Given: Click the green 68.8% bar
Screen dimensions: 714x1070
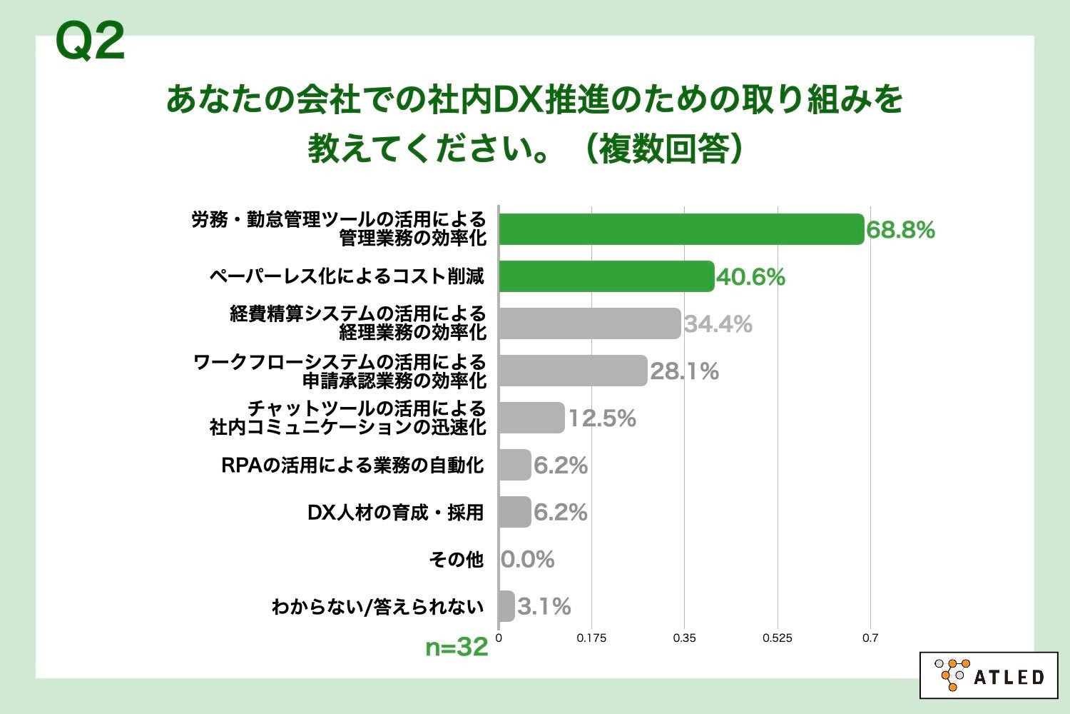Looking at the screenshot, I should pyautogui.click(x=681, y=229).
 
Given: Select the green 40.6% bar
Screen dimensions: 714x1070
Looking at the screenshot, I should pyautogui.click(x=606, y=276).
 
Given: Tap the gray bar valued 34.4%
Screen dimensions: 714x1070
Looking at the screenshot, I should pyautogui.click(x=589, y=323).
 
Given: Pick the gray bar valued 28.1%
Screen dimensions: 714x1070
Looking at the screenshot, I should pyautogui.click(x=573, y=371).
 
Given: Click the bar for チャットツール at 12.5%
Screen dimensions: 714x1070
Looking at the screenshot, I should pyautogui.click(x=531, y=418).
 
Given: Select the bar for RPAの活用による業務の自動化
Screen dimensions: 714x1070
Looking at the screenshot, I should pyautogui.click(x=515, y=465).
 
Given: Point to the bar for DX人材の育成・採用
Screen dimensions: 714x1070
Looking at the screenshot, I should pyautogui.click(x=515, y=512).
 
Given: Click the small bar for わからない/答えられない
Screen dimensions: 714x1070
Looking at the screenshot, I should pyautogui.click(x=506, y=606).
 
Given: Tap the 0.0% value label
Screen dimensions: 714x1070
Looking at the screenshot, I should pyautogui.click(x=527, y=559).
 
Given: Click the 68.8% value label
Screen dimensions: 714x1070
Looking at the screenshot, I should pyautogui.click(x=900, y=230).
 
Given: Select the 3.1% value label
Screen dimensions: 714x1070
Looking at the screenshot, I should pyautogui.click(x=544, y=607).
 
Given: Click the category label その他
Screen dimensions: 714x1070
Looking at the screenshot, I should pyautogui.click(x=457, y=559).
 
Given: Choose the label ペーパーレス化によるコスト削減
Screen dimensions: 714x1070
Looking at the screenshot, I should pyautogui.click(x=347, y=276).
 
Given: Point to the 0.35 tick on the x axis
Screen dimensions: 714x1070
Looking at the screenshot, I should pyautogui.click(x=684, y=638).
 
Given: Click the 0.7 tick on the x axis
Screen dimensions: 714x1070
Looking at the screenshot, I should pyautogui.click(x=870, y=638).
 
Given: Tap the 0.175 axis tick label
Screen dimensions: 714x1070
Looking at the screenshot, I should pyautogui.click(x=591, y=638).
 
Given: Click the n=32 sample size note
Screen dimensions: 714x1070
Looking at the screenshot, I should pyautogui.click(x=457, y=647).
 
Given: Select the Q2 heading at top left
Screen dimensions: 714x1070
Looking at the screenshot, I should pyautogui.click(x=90, y=41).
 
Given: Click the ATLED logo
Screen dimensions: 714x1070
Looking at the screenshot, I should pyautogui.click(x=988, y=675).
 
